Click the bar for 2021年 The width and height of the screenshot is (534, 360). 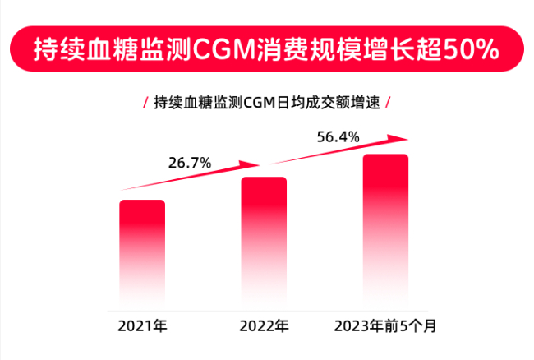click(x=142, y=251)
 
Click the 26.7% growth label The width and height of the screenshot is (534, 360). click(x=190, y=163)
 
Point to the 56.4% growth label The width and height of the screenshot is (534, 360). click(x=338, y=137)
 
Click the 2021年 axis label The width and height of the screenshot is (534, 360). click(x=142, y=326)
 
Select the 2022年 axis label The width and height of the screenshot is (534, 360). click(x=264, y=326)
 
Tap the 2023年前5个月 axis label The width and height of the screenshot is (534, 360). click(x=385, y=326)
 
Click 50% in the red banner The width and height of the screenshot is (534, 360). click(x=470, y=49)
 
